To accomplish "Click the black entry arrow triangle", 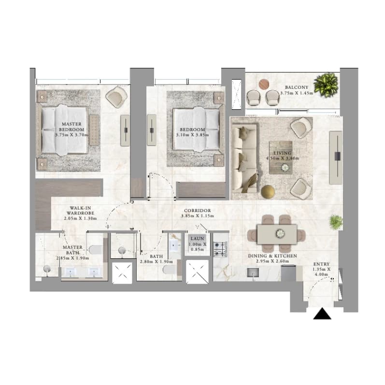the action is click(x=322, y=314).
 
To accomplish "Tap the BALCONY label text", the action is click(x=297, y=87).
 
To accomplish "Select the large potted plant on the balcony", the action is click(x=326, y=85).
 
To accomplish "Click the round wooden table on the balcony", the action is click(x=264, y=84).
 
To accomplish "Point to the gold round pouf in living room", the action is click(x=268, y=192).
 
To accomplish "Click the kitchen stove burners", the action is click(x=221, y=249).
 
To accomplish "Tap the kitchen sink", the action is click(x=253, y=272).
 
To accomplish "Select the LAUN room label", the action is click(x=198, y=239).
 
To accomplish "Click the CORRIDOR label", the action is click(x=198, y=211).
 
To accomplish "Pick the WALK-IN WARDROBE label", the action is click(x=80, y=211).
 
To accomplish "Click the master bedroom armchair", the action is click(x=116, y=97).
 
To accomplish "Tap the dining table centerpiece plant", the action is click(x=280, y=233).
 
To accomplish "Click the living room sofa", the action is click(x=244, y=158).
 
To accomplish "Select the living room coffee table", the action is click(x=281, y=157).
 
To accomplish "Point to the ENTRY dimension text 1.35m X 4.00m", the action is click(x=321, y=271).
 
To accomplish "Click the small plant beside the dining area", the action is click(x=336, y=222).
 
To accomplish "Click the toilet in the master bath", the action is click(x=96, y=250).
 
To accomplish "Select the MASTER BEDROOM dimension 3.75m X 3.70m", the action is click(x=71, y=135).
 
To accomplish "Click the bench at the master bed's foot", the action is click(x=94, y=130).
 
